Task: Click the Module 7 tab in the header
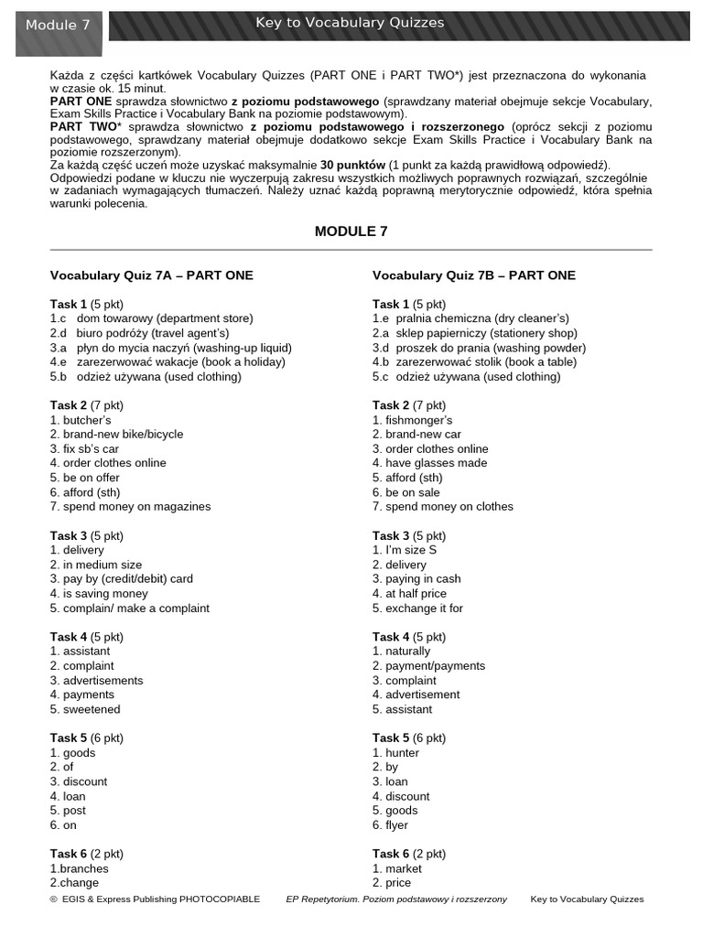pyautogui.click(x=58, y=26)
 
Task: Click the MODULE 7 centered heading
pyautogui.click(x=351, y=232)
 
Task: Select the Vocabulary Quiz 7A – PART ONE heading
pyautogui.click(x=152, y=275)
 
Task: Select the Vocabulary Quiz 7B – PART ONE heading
pyautogui.click(x=474, y=275)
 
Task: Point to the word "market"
pyautogui.click(x=404, y=868)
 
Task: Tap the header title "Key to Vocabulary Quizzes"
pyautogui.click(x=350, y=23)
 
